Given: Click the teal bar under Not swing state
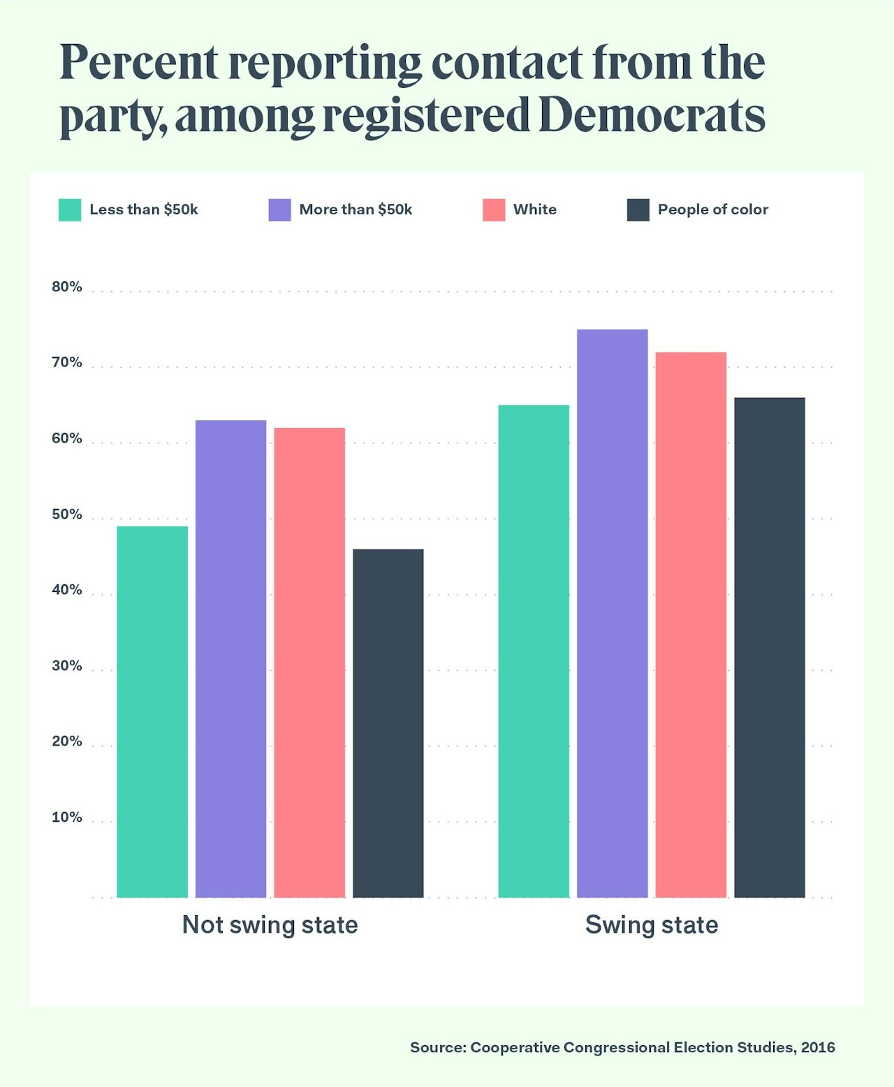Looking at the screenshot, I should pyautogui.click(x=152, y=711).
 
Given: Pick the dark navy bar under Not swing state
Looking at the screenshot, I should pyautogui.click(x=388, y=723).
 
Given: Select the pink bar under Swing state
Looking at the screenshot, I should pyautogui.click(x=691, y=624).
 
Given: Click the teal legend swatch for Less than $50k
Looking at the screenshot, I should pyautogui.click(x=70, y=210).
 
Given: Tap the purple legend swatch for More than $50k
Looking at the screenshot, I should pyautogui.click(x=279, y=210).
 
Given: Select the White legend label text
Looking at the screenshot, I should pyautogui.click(x=535, y=209).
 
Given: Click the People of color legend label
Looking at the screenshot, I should pyautogui.click(x=712, y=209).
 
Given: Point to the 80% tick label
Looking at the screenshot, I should pyautogui.click(x=67, y=287).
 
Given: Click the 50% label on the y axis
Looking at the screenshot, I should pyautogui.click(x=67, y=515).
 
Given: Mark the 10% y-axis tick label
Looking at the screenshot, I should pyautogui.click(x=67, y=818).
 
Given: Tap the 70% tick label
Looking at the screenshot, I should pyautogui.click(x=67, y=362).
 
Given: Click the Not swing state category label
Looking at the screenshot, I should pyautogui.click(x=270, y=925).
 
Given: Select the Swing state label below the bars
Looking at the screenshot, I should pyautogui.click(x=652, y=925).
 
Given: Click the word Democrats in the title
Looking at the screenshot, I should pyautogui.click(x=652, y=115).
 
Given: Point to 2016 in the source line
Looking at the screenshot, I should pyautogui.click(x=818, y=1047).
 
